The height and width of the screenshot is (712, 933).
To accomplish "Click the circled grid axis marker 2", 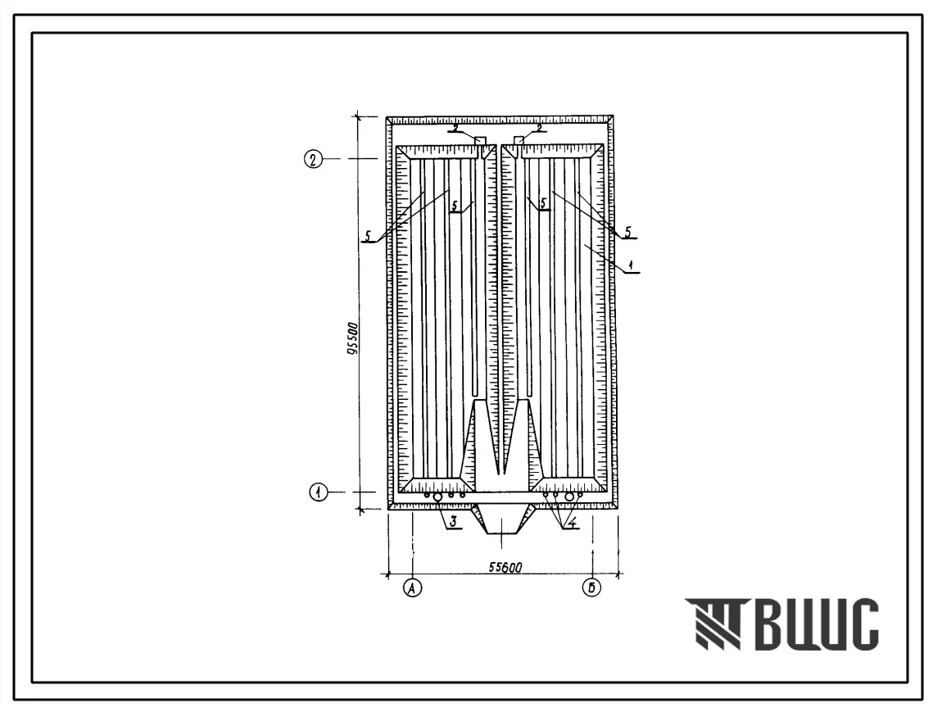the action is (x=313, y=159).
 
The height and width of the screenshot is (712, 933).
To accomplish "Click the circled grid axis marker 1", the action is (x=319, y=492).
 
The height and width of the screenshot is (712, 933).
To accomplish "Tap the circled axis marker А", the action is (x=412, y=588).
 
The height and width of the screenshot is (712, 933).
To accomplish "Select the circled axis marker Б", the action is (x=591, y=588).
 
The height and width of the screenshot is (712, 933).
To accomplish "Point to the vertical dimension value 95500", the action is (x=352, y=339).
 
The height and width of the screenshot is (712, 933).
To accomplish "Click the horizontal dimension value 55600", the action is (x=505, y=567).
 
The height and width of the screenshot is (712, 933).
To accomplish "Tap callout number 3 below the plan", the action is (x=453, y=522).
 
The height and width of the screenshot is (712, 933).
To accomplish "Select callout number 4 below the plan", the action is (x=572, y=524).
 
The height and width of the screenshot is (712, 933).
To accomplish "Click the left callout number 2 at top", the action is (x=455, y=127).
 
